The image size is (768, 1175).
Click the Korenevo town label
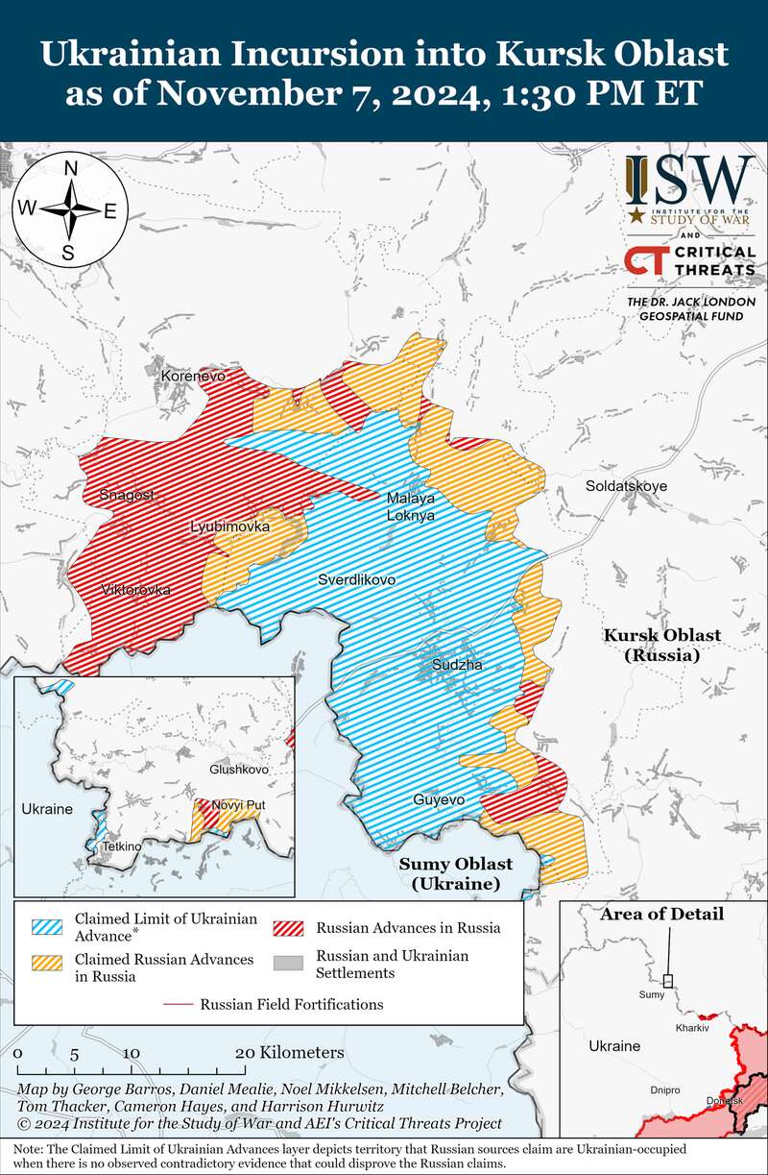point(193,376)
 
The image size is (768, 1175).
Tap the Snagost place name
point(127,495)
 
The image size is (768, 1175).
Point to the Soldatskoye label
point(626,486)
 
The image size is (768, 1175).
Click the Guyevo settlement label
point(439,800)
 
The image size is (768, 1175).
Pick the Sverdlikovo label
point(356,579)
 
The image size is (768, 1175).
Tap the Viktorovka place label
point(136,589)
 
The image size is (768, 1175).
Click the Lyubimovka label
point(229,526)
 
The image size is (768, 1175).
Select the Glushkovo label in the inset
point(239,770)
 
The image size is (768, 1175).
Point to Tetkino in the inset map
point(122,846)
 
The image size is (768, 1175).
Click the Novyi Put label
point(237,804)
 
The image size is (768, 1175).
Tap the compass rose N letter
point(70,169)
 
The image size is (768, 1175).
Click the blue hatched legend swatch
point(48,927)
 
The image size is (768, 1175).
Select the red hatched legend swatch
point(289,927)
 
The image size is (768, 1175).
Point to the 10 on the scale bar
point(131,1052)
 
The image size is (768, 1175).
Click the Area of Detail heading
point(661,914)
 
